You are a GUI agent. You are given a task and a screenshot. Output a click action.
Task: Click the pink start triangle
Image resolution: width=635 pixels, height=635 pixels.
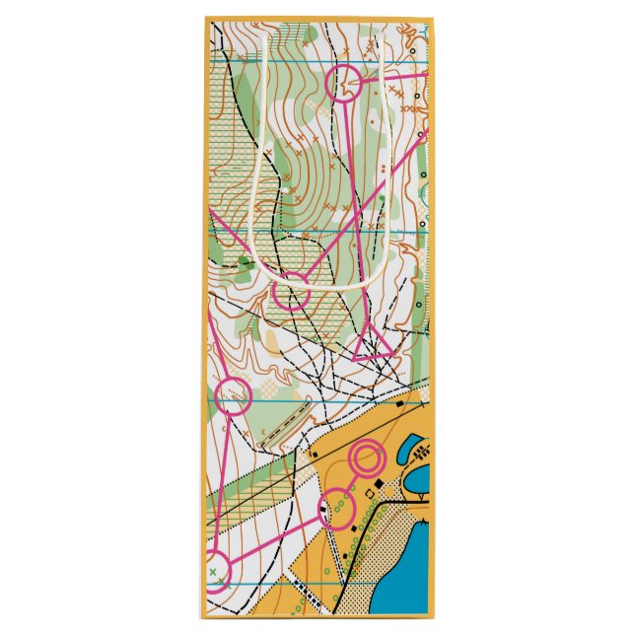[373, 341]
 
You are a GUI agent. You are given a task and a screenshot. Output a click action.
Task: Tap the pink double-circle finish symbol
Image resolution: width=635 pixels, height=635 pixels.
[367, 459]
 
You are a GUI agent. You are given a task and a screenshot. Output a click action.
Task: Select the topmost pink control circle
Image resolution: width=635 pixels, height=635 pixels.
[345, 84]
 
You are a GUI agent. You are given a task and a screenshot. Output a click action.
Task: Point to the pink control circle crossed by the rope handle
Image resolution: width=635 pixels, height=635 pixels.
[291, 293]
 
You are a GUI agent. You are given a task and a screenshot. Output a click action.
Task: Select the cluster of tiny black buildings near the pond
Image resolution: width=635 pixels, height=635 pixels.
[423, 454]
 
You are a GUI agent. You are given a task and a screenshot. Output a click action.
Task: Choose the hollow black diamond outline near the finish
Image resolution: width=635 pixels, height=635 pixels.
[371, 492]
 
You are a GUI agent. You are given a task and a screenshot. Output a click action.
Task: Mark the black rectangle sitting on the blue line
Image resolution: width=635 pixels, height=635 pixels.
[399, 403]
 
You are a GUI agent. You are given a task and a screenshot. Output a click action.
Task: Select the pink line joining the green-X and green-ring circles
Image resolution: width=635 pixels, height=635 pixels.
[276, 539]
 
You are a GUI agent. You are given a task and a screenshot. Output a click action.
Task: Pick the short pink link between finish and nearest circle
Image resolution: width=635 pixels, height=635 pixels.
[351, 483]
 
